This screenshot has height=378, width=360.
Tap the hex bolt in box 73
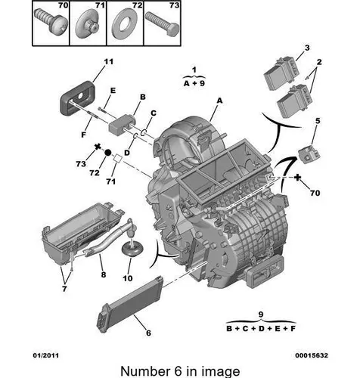[x=162, y=23]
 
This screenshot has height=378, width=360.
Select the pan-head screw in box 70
[x=51, y=21]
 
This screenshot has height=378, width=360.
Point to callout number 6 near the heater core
[x=149, y=333]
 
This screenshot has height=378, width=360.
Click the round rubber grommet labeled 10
[x=132, y=248]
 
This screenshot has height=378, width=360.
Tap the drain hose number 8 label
[x=104, y=274]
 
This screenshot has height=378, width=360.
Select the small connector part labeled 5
[x=309, y=154]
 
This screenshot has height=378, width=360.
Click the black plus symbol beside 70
[x=298, y=178]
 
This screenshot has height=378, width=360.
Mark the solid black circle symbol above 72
[x=107, y=152]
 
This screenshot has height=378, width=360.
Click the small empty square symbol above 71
[x=118, y=159]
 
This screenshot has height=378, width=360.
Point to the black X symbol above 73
[x=98, y=147]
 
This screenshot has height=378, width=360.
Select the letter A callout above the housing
[x=220, y=101]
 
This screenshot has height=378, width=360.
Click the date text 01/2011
[x=46, y=355]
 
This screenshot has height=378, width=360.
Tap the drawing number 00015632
[x=312, y=355]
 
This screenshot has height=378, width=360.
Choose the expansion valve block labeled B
[x=121, y=123]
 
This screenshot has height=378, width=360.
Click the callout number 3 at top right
[x=307, y=48]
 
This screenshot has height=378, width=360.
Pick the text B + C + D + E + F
[x=261, y=329]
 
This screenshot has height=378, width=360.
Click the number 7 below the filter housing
[x=64, y=289]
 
